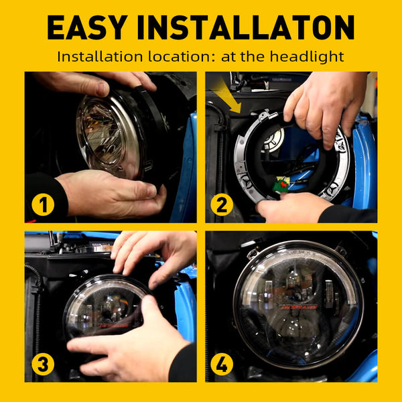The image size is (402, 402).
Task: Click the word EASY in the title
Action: pyautogui.click(x=88, y=27)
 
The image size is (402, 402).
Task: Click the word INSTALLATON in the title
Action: pyautogui.click(x=246, y=27)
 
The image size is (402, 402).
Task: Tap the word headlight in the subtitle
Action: pyautogui.click(x=307, y=57)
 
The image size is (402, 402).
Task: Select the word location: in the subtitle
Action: pyautogui.click(x=182, y=57)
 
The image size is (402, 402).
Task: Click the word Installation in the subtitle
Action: pyautogui.click(x=100, y=57)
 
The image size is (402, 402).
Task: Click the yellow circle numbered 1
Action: pyautogui.click(x=43, y=205)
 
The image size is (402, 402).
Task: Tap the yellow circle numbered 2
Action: pyautogui.click(x=222, y=205)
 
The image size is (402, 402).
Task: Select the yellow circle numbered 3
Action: pyautogui.click(x=43, y=364)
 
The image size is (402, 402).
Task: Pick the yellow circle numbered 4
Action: pyautogui.click(x=222, y=364)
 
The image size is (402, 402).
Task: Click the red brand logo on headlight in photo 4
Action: pyautogui.click(x=299, y=307)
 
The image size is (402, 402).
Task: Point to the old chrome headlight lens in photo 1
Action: pyautogui.click(x=109, y=136)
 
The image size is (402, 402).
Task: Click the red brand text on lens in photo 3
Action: pyautogui.click(x=114, y=326)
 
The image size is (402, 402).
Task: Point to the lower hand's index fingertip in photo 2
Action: pyautogui.click(x=283, y=196)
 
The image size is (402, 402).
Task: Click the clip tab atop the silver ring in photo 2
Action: pyautogui.click(x=264, y=116)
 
